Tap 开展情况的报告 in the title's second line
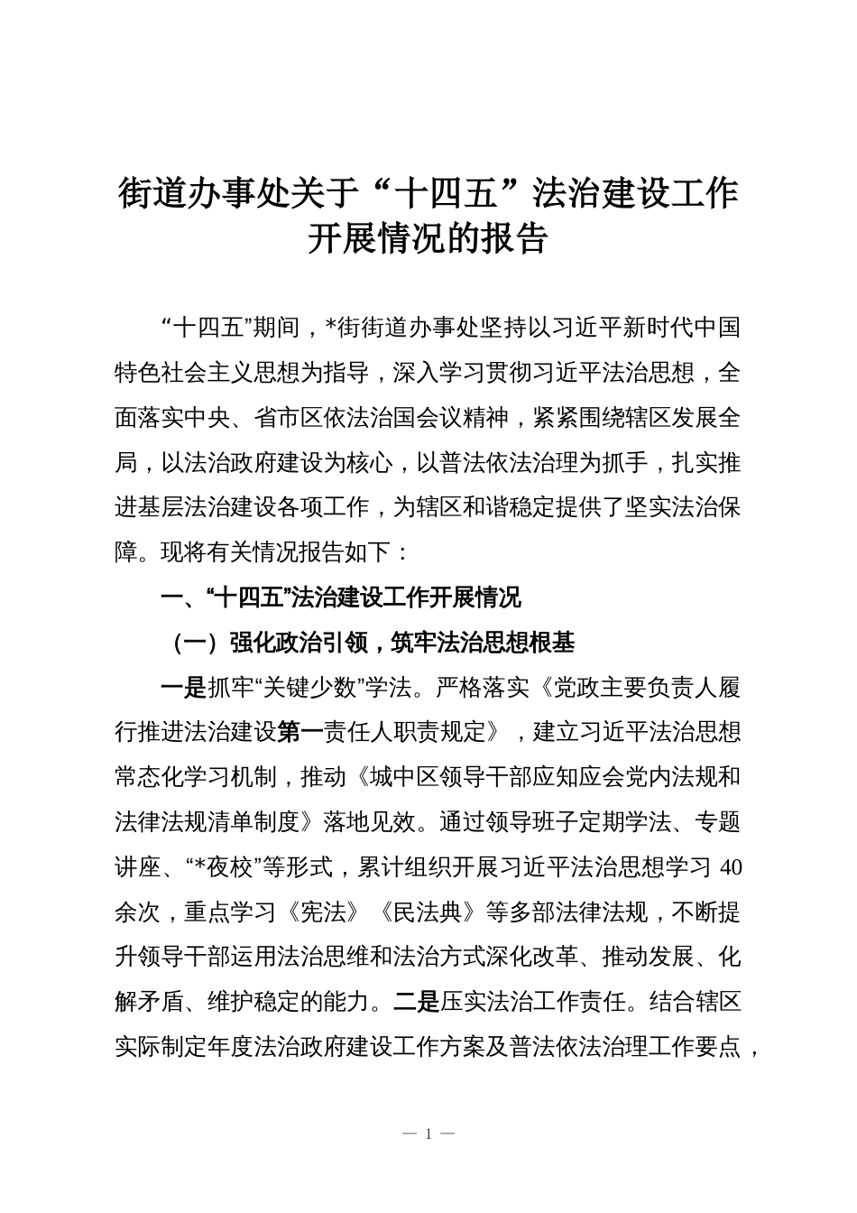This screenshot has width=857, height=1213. [428, 241]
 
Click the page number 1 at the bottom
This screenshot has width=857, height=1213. [428, 1134]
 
